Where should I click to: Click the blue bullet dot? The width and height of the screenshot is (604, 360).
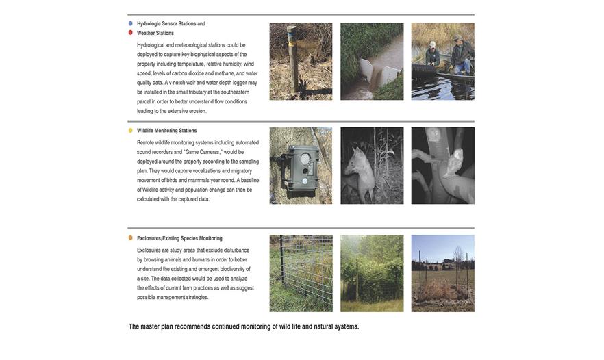131,23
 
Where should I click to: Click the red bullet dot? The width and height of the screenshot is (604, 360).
131,32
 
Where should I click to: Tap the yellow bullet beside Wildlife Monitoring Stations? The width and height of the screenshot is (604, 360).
131,130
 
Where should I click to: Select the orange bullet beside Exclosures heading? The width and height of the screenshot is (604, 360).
131,238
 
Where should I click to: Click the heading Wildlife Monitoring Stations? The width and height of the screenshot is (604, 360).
166,131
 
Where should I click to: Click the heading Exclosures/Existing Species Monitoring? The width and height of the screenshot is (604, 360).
179,239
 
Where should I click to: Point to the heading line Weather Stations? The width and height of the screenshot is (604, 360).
155,33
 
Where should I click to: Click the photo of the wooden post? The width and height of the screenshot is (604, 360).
301,62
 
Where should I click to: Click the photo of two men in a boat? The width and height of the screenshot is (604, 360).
442,62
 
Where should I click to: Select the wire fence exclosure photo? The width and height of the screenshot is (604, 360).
301,273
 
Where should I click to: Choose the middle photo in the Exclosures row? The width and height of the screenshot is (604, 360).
372,273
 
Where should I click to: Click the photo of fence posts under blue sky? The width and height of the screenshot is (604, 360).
442,273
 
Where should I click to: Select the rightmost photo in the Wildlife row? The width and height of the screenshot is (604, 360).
442,166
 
